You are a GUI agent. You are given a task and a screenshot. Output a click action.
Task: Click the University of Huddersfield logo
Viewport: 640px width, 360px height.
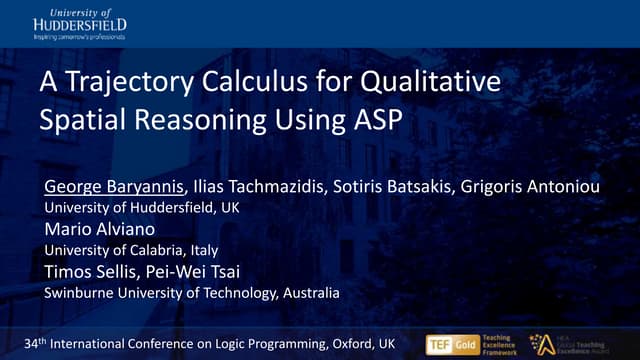coord(79,23)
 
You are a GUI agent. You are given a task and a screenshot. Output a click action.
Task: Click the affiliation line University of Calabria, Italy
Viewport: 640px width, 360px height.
coord(132,250)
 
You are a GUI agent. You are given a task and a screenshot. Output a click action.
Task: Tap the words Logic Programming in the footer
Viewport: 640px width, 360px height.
coord(264,344)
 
